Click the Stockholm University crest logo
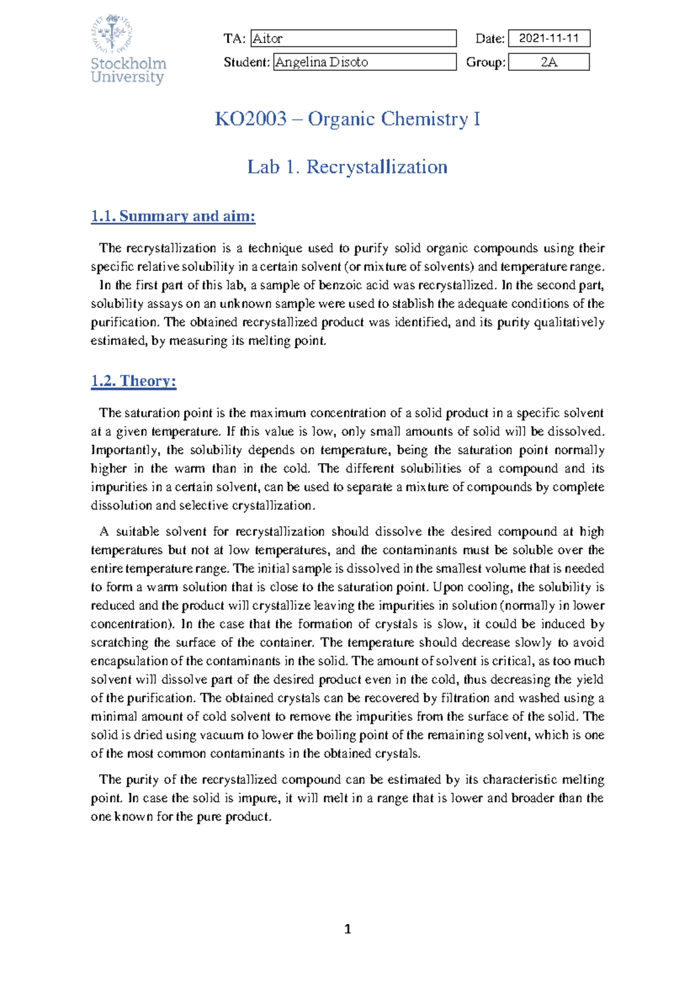[x=112, y=32]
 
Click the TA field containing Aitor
[x=353, y=39]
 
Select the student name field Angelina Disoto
[x=364, y=62]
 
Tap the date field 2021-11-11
[x=548, y=39]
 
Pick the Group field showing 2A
[x=548, y=62]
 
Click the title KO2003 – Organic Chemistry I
[x=348, y=119]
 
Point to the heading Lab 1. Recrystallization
[x=348, y=167]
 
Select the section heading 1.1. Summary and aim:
[x=173, y=217]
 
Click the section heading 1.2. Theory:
[x=133, y=381]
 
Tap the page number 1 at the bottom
[x=348, y=929]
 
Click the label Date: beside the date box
[x=490, y=39]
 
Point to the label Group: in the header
[x=485, y=63]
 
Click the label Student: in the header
[x=247, y=63]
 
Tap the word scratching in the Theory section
[x=119, y=643]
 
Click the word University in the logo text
[x=127, y=77]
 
